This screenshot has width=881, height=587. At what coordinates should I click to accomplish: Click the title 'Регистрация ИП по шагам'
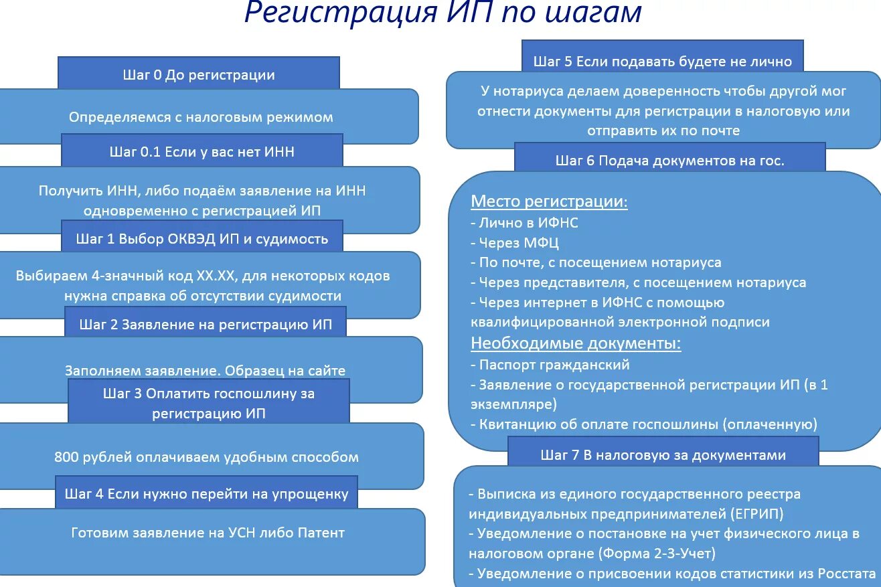coord(443,13)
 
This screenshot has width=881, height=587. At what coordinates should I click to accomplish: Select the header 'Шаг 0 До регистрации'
coord(199,74)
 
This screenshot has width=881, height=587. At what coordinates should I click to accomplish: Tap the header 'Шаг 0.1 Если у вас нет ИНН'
coord(202,152)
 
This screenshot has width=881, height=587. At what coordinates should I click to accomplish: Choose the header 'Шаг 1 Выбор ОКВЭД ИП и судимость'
coord(202,238)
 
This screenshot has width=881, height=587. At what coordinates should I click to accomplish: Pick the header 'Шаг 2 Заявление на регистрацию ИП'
coord(206,325)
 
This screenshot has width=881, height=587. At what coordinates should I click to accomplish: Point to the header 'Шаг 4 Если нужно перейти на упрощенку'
coord(207,494)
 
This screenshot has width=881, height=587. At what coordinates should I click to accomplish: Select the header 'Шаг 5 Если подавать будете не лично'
coord(663,62)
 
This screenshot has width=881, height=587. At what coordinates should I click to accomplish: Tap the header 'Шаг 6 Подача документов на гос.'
coord(669,160)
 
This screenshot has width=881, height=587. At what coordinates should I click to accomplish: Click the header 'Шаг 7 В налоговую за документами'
coord(663,455)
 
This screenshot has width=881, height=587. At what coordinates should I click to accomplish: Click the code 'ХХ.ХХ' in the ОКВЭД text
coord(218,275)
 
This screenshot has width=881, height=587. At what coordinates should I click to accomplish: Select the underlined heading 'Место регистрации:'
coord(549,201)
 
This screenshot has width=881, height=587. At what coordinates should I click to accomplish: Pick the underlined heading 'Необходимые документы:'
coord(576,343)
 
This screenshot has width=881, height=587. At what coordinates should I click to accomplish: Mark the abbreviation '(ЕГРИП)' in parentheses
coord(756,514)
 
